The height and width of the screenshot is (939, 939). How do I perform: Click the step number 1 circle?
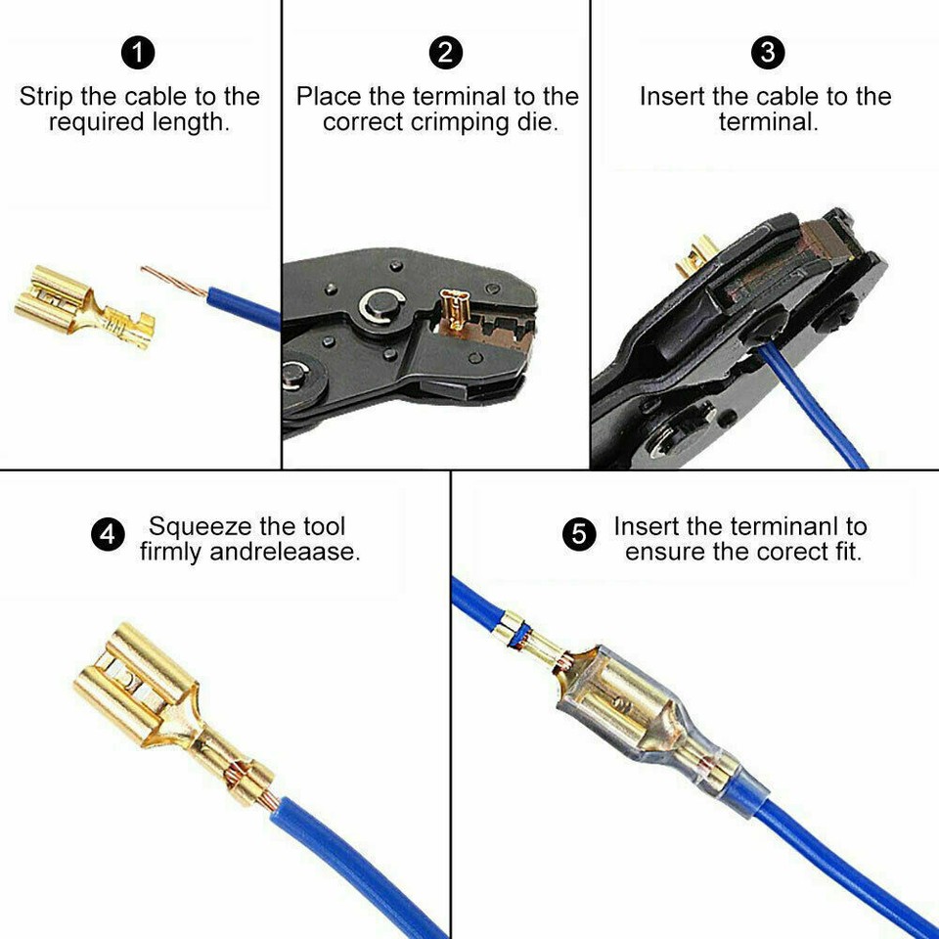(138, 53)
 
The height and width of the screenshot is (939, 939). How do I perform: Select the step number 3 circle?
(767, 53)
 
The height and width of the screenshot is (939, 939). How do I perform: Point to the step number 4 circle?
(108, 536)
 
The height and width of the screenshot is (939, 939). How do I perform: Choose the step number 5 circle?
(579, 536)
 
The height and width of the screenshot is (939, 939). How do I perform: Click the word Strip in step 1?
(46, 97)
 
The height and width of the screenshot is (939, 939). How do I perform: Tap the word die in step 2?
(536, 123)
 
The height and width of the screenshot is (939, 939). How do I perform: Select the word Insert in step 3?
(672, 97)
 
